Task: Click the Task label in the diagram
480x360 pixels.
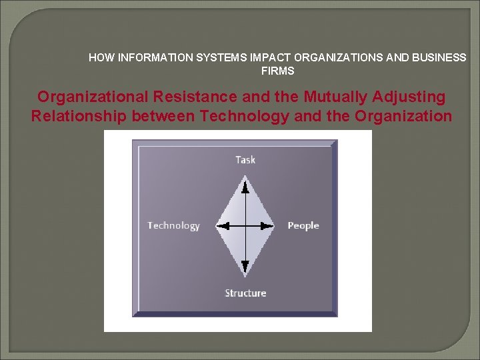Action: click(x=245, y=159)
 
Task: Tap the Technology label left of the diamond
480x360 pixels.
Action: click(x=173, y=225)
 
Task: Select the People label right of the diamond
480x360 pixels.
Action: click(x=303, y=225)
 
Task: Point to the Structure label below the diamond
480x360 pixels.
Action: click(x=245, y=293)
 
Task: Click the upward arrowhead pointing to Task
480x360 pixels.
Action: click(x=245, y=181)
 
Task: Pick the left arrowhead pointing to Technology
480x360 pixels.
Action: click(x=223, y=225)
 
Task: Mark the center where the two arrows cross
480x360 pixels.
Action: click(x=245, y=225)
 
